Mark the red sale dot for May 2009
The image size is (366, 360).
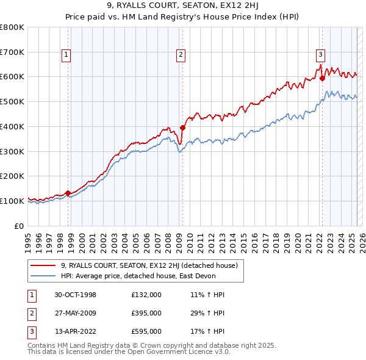click(182, 128)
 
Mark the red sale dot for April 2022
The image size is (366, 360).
click(322, 78)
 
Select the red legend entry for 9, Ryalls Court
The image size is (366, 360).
click(152, 265)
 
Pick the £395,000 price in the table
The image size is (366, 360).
click(146, 313)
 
